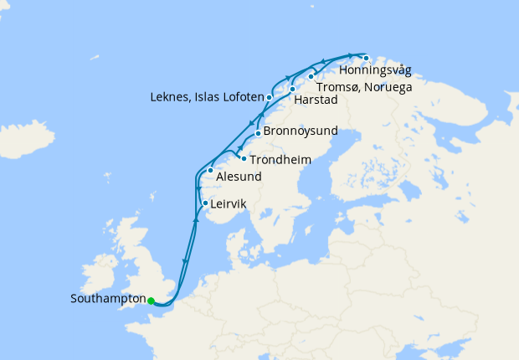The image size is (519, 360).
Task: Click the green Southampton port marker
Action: click(x=151, y=301)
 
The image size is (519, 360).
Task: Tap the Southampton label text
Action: click(x=108, y=299)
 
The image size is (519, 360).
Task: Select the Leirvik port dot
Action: click(x=205, y=203)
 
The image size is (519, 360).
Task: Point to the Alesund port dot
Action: click(x=210, y=171)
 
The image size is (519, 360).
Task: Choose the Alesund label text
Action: click(x=239, y=177)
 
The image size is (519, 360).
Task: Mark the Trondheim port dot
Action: click(x=244, y=157)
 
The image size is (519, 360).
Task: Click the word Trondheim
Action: click(x=278, y=158)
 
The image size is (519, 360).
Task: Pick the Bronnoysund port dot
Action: click(x=258, y=133)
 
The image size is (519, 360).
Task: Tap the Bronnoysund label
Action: click(x=300, y=131)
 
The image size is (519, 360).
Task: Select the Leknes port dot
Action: click(x=269, y=98)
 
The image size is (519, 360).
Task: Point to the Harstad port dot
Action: click(x=292, y=89)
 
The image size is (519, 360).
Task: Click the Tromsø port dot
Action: click(x=311, y=77)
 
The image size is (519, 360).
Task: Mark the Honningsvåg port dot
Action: click(x=366, y=58)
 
